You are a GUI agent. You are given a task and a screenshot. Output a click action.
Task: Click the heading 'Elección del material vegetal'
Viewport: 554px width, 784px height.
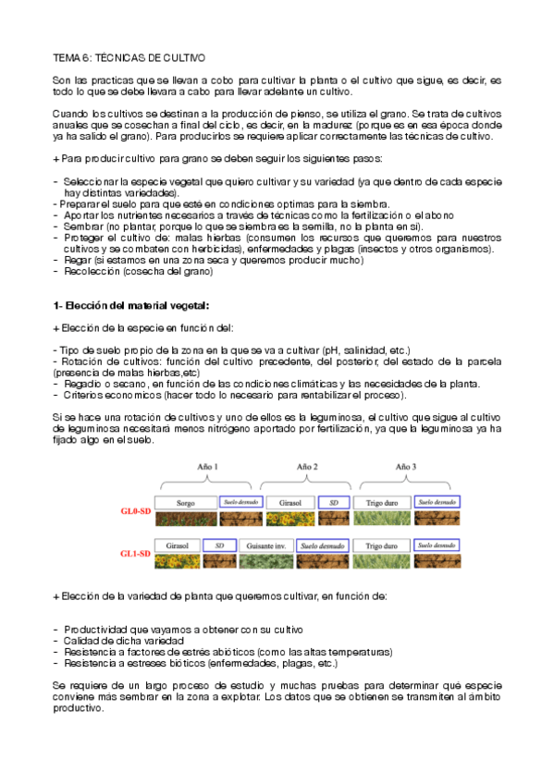[137, 305]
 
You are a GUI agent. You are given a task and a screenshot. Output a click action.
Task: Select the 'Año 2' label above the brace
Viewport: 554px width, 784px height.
[307, 468]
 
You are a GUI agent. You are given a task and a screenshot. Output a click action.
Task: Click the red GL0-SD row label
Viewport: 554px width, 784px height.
[135, 509]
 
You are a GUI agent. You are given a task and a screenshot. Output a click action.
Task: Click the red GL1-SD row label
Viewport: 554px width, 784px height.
[135, 553]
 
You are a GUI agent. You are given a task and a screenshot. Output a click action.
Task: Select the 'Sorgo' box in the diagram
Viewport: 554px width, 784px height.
[185, 502]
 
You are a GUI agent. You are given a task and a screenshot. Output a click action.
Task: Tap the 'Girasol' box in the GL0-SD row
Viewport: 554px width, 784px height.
[286, 502]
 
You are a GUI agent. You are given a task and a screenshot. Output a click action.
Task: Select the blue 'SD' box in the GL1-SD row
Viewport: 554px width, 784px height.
[219, 545]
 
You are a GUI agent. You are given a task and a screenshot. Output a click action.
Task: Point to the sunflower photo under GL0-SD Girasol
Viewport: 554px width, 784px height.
[286, 518]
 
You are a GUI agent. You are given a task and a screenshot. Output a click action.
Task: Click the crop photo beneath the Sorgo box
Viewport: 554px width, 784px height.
[185, 518]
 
